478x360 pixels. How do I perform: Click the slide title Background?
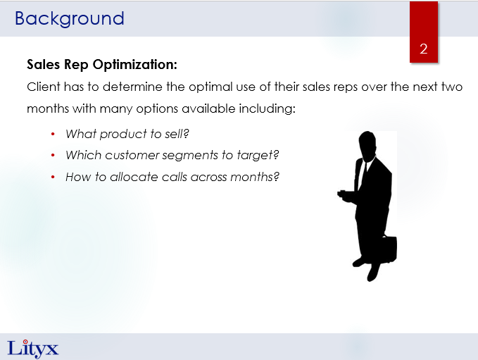[70, 19]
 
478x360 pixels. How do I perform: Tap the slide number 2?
[423, 49]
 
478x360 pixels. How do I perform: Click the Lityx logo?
[32, 349]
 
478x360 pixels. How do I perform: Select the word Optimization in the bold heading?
[134, 65]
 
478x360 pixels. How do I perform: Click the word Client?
[44, 87]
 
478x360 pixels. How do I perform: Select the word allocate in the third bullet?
[134, 177]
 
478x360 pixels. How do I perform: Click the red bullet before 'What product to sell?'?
[53, 134]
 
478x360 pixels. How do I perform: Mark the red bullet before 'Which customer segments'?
[53, 155]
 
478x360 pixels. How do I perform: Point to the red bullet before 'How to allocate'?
[53, 177]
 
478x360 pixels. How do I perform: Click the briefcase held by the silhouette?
[388, 249]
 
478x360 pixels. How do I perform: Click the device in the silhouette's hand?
[341, 193]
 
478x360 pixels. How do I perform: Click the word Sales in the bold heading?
[43, 65]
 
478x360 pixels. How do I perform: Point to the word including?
[267, 108]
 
